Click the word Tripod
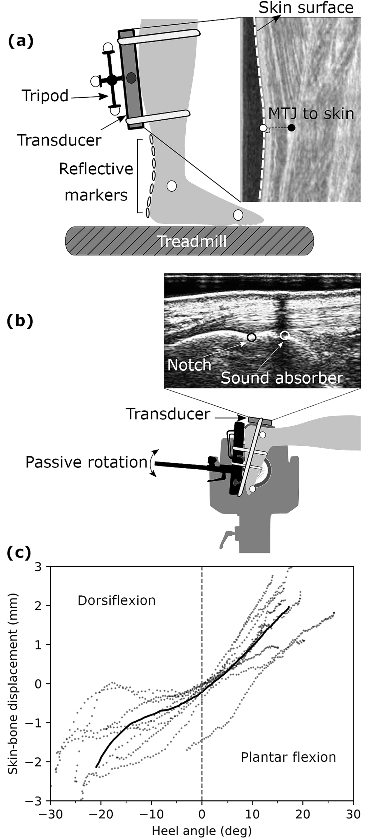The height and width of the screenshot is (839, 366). [45, 96]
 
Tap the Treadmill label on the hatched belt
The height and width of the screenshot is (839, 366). [192, 242]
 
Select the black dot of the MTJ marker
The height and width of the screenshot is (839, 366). [291, 128]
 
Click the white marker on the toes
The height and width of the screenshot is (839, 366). [238, 215]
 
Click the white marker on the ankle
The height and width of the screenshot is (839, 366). [172, 186]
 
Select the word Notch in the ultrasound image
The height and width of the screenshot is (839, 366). [189, 365]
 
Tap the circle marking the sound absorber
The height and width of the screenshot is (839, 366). [285, 335]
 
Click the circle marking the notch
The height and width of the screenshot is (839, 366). [251, 337]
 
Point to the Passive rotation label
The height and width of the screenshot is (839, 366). [86, 462]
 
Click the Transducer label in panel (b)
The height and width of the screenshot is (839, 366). [168, 414]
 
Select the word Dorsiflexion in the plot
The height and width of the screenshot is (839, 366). [116, 600]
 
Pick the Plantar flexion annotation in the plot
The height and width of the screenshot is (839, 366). [288, 757]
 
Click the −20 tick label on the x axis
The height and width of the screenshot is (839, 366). [101, 814]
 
